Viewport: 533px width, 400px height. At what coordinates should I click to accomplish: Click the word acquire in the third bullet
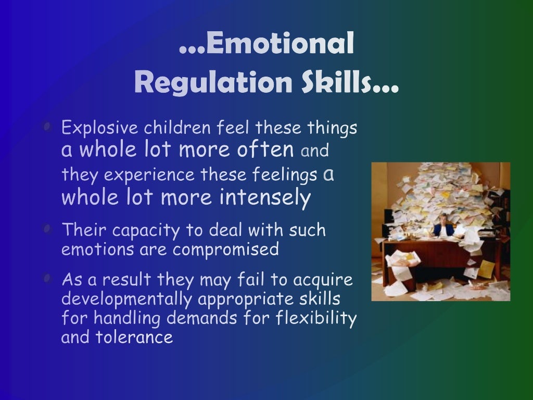(x=323, y=281)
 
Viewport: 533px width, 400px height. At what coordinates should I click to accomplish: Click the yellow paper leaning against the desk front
(x=486, y=269)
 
